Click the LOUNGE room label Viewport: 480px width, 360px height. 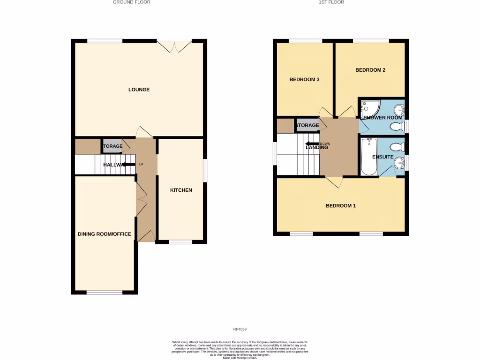pos(139,90)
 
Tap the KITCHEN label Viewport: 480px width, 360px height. pos(181,190)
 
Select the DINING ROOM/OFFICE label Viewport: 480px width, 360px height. pos(105,234)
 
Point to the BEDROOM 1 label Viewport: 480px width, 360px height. pos(341,205)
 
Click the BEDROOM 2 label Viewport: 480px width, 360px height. pos(370,70)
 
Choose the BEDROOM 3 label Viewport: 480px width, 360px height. pos(304,80)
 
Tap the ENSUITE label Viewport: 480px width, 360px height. pos(383,157)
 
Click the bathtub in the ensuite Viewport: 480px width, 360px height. pos(369,157)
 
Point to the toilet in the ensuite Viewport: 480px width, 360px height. pos(398,147)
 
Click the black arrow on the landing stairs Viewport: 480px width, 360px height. pos(312,144)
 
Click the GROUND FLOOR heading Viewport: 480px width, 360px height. pos(132,2)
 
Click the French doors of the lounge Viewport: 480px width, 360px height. pos(174,45)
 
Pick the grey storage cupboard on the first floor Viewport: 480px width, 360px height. pos(307,126)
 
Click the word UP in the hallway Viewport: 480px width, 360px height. pos(141,165)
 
